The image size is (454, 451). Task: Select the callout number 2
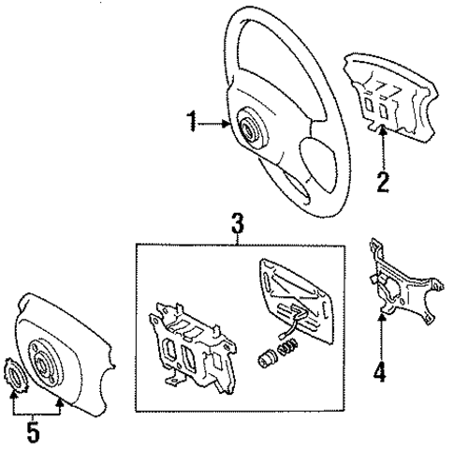pyautogui.click(x=382, y=181)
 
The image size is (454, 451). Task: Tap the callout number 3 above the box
pyautogui.click(x=238, y=224)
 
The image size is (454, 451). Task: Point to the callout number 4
pyautogui.click(x=379, y=371)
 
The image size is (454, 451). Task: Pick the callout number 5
pyautogui.click(x=34, y=434)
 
